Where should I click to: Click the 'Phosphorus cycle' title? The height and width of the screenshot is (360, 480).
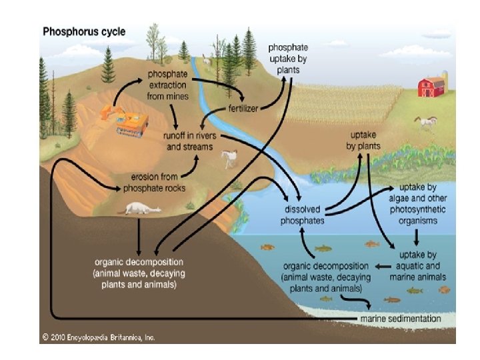click(x=84, y=31)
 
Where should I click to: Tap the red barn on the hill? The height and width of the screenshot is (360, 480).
click(x=431, y=87)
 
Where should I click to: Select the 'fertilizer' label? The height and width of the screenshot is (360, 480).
click(x=243, y=107)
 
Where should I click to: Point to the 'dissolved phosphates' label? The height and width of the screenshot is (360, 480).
click(x=303, y=213)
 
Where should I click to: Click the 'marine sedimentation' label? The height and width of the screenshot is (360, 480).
click(x=401, y=319)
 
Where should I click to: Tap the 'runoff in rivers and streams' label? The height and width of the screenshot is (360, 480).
click(x=189, y=140)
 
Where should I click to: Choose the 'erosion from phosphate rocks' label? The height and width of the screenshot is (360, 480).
click(x=159, y=183)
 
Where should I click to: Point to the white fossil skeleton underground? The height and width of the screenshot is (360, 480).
click(x=143, y=209)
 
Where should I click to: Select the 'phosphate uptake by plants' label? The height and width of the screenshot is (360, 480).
click(x=288, y=59)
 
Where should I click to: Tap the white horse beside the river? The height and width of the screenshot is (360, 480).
click(x=229, y=158)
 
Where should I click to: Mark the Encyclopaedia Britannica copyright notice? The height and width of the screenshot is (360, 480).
click(x=98, y=338)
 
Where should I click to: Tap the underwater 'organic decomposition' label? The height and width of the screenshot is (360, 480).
click(x=323, y=276)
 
